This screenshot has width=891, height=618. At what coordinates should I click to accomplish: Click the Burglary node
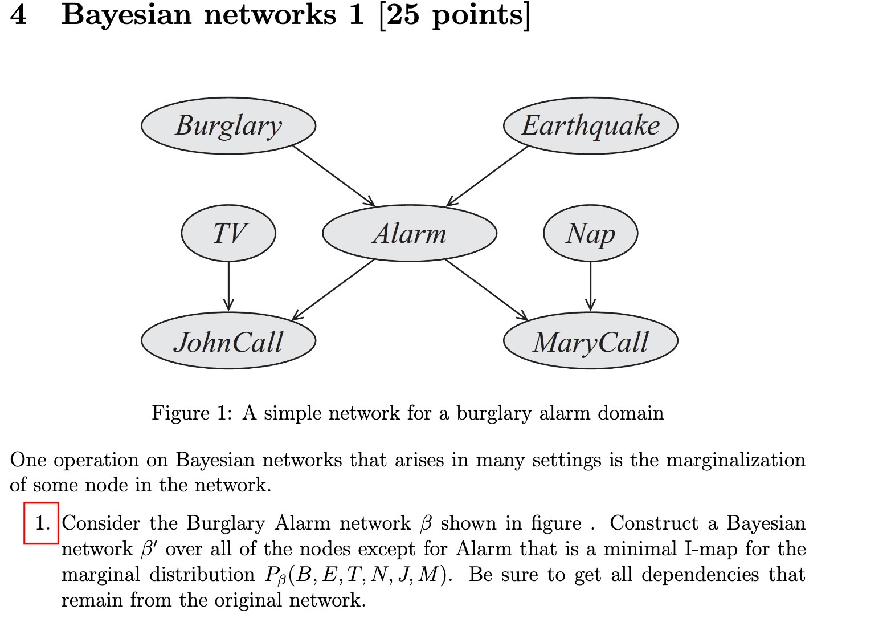[x=228, y=125]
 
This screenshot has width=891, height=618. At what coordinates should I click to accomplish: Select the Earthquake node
[x=590, y=125]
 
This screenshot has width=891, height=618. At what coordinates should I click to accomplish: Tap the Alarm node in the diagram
[x=410, y=233]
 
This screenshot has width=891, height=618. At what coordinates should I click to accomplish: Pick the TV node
[x=228, y=233]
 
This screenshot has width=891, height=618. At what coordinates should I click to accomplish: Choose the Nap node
[x=590, y=233]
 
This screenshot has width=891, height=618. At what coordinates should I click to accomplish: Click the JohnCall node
[x=228, y=341]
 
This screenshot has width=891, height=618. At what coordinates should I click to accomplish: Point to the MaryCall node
[x=590, y=341]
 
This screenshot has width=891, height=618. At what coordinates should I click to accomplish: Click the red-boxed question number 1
[x=42, y=523]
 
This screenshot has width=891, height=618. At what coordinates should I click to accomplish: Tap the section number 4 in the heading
[x=18, y=14]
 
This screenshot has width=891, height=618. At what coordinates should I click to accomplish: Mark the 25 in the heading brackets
[x=403, y=14]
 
